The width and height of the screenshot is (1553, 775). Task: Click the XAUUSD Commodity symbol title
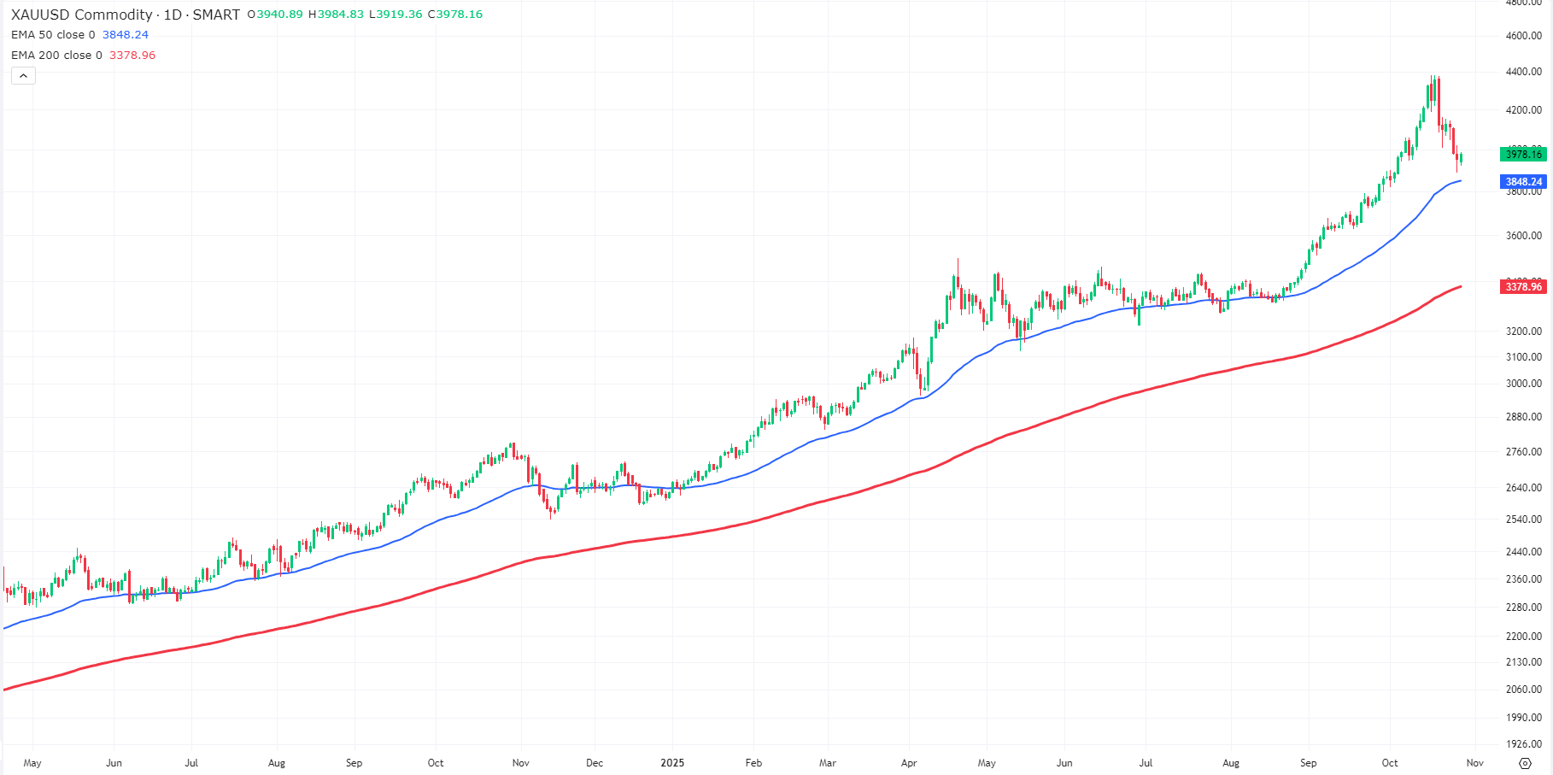pyautogui.click(x=81, y=15)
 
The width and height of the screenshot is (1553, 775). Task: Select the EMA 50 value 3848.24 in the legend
pyautogui.click(x=126, y=35)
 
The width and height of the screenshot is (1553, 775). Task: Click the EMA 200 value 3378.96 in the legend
pyautogui.click(x=132, y=56)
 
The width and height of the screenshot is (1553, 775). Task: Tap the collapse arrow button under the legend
pyautogui.click(x=23, y=76)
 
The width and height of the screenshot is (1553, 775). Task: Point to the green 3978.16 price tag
pyautogui.click(x=1523, y=155)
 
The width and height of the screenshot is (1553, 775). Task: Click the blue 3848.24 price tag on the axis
pyautogui.click(x=1523, y=182)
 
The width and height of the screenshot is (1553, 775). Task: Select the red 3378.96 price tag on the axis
pyautogui.click(x=1523, y=287)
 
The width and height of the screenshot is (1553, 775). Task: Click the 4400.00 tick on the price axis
pyautogui.click(x=1523, y=72)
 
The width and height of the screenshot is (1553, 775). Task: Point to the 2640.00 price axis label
pyautogui.click(x=1523, y=488)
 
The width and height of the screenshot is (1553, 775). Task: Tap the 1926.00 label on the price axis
pyautogui.click(x=1523, y=745)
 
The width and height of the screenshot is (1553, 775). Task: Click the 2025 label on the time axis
pyautogui.click(x=672, y=763)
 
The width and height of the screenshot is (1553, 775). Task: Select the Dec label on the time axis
pyautogui.click(x=595, y=763)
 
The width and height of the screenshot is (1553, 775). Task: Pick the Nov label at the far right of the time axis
pyautogui.click(x=1475, y=763)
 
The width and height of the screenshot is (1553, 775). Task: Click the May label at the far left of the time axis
pyautogui.click(x=32, y=763)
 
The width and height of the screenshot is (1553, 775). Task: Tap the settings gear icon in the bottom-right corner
pyautogui.click(x=1525, y=763)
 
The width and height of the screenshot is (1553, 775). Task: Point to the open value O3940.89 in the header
pyautogui.click(x=275, y=15)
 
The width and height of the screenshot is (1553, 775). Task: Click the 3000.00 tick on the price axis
pyautogui.click(x=1523, y=384)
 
